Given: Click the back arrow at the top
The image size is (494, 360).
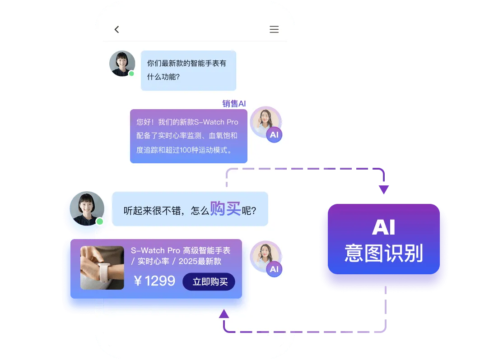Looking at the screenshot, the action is click(117, 30).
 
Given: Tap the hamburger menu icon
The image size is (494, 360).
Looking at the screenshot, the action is click(274, 29).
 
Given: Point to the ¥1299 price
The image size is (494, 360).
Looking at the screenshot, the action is click(154, 281).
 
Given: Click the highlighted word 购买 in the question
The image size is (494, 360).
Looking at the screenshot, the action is click(225, 208).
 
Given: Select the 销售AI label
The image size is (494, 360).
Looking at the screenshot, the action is click(234, 103).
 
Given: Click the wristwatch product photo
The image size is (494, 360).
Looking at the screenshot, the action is click(102, 268).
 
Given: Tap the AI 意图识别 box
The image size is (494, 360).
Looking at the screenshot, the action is click(384, 239).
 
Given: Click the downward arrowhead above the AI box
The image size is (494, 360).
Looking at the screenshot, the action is click(384, 189).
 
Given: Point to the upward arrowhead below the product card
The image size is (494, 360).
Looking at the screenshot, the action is click(224, 314).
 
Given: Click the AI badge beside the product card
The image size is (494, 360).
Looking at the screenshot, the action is click(274, 269).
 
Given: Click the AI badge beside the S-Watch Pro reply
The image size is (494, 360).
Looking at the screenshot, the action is click(274, 135).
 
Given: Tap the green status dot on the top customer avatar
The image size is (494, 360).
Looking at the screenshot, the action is click(131, 74).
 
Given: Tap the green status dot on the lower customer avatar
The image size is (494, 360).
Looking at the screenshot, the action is click(100, 222).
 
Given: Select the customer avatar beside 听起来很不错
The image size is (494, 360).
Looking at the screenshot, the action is click(87, 208).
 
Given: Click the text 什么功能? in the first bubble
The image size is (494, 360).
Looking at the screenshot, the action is click(163, 77).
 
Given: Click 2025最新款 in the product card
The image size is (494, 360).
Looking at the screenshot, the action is click(200, 261).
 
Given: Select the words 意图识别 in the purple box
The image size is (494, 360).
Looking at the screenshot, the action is click(384, 253).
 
